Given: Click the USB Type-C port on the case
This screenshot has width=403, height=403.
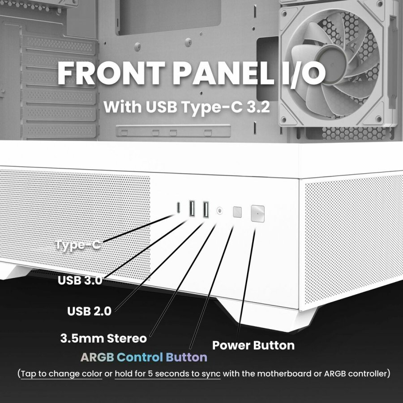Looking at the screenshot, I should (x=179, y=208).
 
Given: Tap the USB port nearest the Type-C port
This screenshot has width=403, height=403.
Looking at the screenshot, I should (x=192, y=209).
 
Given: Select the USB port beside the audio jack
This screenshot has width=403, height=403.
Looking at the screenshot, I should (x=206, y=209).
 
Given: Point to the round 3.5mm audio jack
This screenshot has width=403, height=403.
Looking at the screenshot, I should (x=220, y=210).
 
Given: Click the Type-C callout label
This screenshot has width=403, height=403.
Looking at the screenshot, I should (x=78, y=245).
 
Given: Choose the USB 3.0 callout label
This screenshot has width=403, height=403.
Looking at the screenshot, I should (x=80, y=281).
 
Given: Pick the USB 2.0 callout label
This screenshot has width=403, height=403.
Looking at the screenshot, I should (x=90, y=311).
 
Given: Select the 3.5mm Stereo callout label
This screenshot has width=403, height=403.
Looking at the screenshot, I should (x=103, y=339).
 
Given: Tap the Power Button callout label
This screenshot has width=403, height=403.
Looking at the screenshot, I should (x=253, y=346).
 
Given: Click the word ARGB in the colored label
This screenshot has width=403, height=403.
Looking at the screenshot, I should (x=98, y=357).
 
